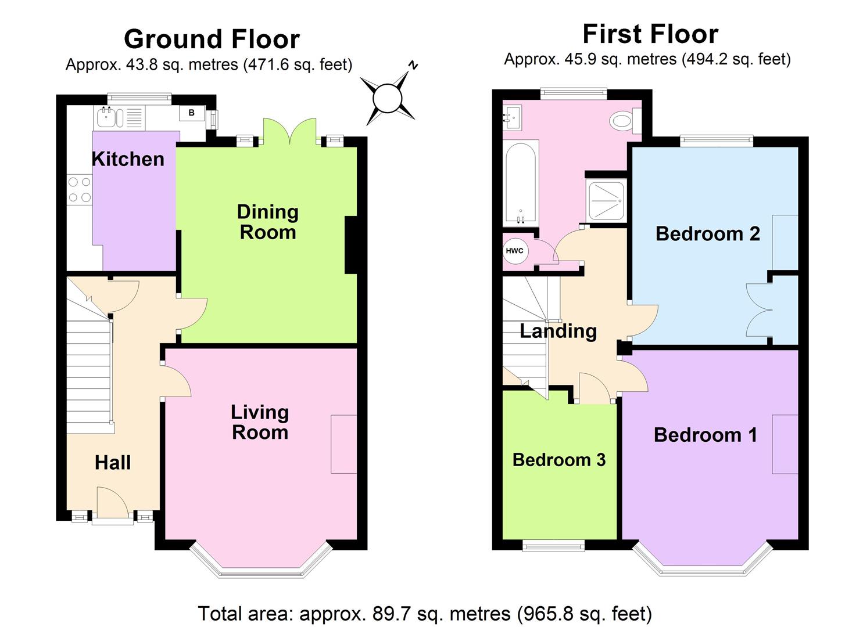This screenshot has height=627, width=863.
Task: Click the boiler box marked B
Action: [x=191, y=113]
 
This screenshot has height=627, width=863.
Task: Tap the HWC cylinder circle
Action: [x=514, y=251]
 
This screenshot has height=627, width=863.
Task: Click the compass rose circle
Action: [x=388, y=97]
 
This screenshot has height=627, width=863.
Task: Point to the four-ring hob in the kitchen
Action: [x=80, y=190]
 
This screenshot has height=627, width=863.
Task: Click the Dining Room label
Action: [x=268, y=222]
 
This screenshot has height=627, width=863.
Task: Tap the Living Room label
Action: [x=260, y=422]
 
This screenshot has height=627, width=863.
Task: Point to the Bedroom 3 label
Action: [x=558, y=460]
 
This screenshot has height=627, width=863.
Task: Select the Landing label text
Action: [x=558, y=331]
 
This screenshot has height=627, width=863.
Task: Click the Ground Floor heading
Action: [x=212, y=39]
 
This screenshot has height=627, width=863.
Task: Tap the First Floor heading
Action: [x=650, y=34]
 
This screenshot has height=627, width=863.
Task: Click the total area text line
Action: [x=425, y=613]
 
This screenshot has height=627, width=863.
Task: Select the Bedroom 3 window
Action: [x=553, y=545]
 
